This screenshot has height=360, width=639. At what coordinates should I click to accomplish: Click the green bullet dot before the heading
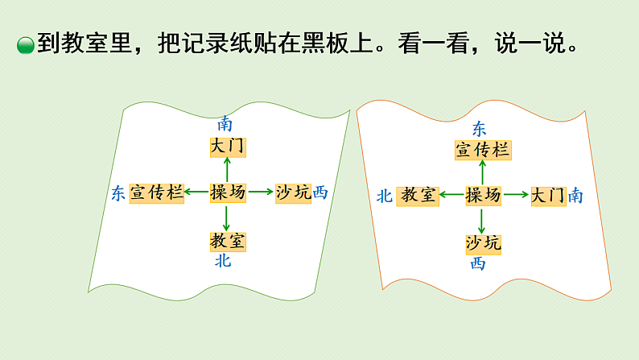(x=26, y=47)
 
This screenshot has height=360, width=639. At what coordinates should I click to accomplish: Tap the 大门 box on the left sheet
(x=227, y=147)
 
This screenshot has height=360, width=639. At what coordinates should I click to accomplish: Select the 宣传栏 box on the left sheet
(x=157, y=192)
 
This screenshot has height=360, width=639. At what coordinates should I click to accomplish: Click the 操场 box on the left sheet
(x=228, y=192)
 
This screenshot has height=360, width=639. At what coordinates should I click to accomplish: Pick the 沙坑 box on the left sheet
(x=293, y=192)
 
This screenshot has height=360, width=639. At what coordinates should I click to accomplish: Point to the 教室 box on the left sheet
(x=228, y=240)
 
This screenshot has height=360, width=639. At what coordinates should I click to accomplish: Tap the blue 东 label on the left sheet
(x=118, y=193)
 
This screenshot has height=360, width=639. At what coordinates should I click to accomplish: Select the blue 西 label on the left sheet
(x=320, y=192)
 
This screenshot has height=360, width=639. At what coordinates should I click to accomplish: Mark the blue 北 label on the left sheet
(x=223, y=261)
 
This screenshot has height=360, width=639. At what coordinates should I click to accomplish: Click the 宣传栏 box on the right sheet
(x=483, y=149)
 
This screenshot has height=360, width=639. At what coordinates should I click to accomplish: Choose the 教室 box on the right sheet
(x=418, y=195)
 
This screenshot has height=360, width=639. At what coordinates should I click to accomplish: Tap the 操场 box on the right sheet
(x=483, y=195)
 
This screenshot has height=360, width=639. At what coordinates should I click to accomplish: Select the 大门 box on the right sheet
(x=548, y=196)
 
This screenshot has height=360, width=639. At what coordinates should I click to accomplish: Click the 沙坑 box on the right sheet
(x=483, y=242)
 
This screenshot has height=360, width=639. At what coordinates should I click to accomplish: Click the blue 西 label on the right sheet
(x=478, y=263)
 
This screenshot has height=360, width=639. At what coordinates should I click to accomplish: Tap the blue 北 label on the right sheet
(x=384, y=196)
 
